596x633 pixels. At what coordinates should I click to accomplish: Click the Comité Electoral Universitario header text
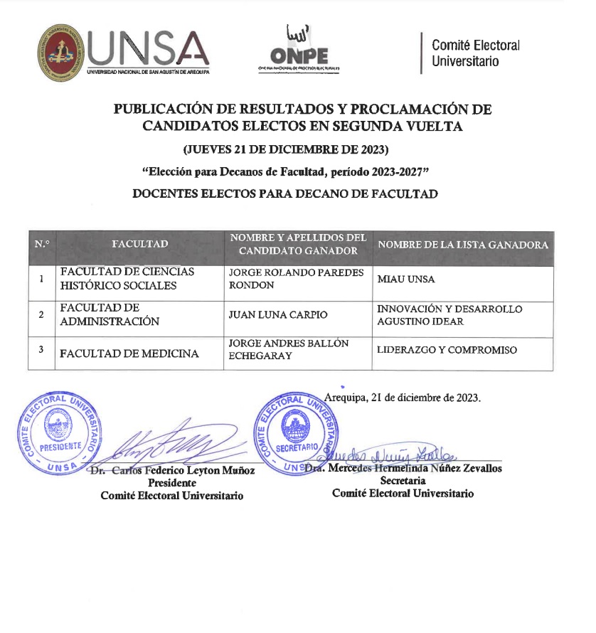476,53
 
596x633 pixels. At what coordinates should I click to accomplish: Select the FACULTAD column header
140,245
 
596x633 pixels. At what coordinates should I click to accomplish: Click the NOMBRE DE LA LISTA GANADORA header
463,245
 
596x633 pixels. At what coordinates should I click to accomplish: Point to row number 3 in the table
41,349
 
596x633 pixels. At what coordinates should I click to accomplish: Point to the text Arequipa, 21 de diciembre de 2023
403,398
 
